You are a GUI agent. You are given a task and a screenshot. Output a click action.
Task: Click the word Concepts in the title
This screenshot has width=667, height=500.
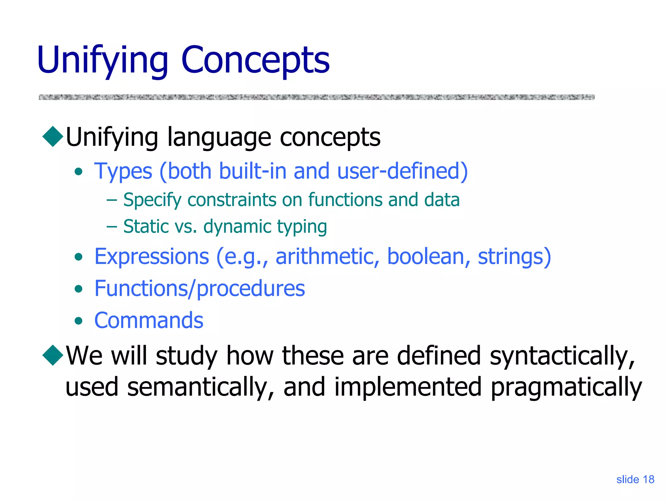(255, 60)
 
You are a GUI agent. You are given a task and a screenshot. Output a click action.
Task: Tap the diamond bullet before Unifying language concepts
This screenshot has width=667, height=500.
(53, 136)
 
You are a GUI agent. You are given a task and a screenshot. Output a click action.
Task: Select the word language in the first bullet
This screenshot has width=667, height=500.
(219, 137)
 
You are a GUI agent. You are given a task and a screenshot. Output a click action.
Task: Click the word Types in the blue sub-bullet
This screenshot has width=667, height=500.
(123, 171)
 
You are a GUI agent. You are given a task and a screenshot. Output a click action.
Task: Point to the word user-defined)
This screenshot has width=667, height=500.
(403, 171)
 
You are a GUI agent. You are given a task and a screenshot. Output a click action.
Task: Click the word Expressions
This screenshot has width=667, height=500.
(152, 257)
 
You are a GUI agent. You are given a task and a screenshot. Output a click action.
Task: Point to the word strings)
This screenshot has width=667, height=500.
(514, 257)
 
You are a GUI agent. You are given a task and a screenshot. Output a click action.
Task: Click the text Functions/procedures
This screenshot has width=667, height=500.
(200, 288)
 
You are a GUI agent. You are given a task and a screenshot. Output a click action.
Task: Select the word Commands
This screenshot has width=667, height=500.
(149, 320)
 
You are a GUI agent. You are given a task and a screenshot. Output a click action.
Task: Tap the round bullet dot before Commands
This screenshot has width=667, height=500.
(78, 321)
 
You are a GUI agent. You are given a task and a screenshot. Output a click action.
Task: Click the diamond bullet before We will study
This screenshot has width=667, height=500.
(53, 355)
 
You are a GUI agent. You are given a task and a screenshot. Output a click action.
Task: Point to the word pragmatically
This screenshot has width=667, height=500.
(566, 387)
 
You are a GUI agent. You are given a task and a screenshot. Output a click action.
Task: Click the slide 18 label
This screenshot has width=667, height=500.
(635, 479)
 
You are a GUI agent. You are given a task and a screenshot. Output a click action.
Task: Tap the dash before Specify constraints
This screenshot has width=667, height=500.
(112, 200)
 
